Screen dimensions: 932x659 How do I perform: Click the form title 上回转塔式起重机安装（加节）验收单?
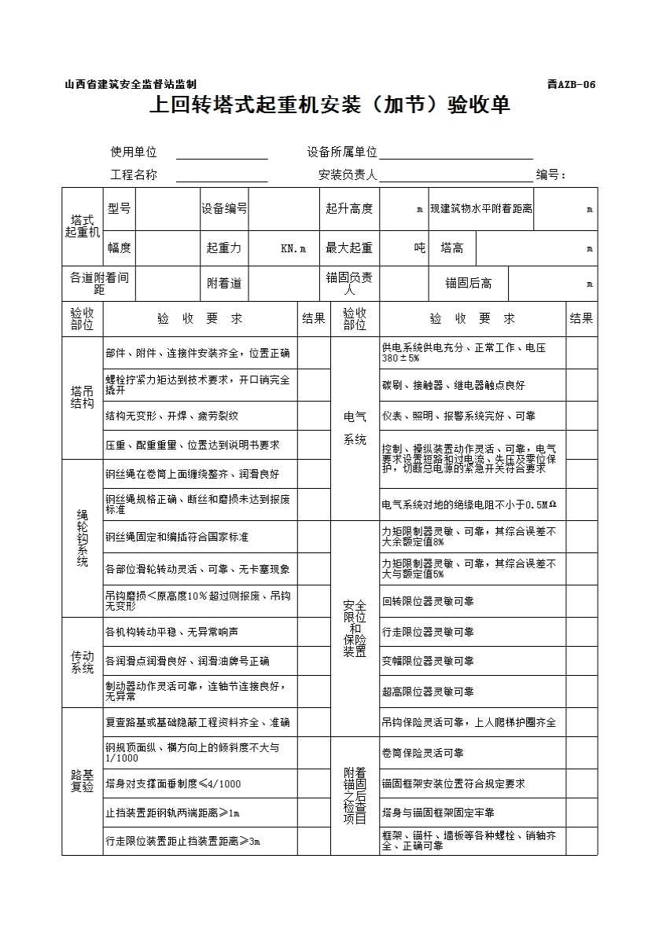point(329,105)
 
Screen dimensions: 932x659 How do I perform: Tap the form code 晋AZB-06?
point(572,85)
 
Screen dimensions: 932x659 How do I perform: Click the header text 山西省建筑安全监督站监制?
point(131,85)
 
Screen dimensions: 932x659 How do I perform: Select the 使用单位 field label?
point(134,152)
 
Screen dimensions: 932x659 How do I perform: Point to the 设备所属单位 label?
point(342,152)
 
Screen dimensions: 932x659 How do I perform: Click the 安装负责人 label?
point(348,175)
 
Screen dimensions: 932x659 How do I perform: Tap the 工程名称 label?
point(134,175)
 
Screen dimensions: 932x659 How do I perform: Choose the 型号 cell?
point(120,208)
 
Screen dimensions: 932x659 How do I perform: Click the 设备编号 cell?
point(224,208)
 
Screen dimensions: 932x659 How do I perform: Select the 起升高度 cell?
point(349,208)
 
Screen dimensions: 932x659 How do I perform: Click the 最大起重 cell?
point(349,248)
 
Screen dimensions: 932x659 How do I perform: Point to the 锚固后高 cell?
point(469,284)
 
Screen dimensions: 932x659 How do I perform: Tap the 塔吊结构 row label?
point(82,398)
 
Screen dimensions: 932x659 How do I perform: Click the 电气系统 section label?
point(355,428)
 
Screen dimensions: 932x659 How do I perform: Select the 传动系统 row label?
point(82,662)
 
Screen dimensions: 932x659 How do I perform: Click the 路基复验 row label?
point(82,781)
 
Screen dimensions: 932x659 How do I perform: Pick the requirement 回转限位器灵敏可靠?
point(428,601)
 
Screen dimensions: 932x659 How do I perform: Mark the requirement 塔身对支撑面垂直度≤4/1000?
point(173,783)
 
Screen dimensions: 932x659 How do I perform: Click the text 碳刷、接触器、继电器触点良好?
point(453,385)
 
